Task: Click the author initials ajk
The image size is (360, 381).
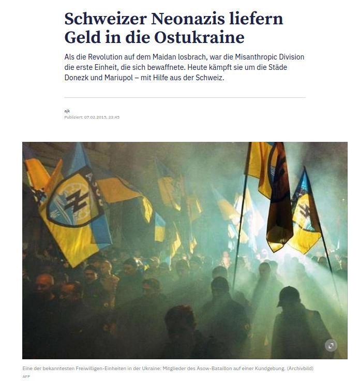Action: pos(67,111)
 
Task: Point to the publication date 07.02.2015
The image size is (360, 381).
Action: pos(96,117)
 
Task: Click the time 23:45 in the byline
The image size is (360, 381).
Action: pos(114,117)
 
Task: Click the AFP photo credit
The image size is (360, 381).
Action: pos(26,376)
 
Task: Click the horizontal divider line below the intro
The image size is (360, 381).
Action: pos(185,97)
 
